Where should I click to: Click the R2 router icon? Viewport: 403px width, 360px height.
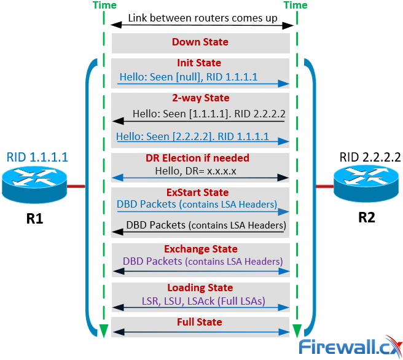coord(366,185)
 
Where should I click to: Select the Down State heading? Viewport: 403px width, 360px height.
coord(200,42)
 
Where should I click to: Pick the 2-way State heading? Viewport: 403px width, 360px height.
coord(200,98)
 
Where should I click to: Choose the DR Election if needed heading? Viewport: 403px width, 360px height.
coord(200,158)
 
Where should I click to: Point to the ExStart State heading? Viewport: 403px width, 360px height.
coord(200,192)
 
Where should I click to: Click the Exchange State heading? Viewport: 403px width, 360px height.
coord(200,249)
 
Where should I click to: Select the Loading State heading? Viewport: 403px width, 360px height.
coord(200,288)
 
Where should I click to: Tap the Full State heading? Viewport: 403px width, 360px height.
coord(200,322)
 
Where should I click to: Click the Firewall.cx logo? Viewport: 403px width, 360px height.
coord(349,347)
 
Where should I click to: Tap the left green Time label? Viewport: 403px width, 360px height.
coord(104,6)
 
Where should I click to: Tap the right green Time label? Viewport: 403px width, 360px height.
coord(295,6)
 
